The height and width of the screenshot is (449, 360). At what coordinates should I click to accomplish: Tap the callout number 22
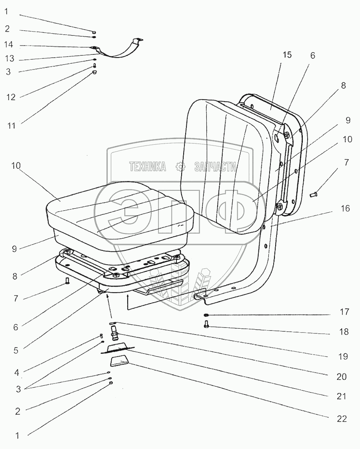click(x=342, y=419)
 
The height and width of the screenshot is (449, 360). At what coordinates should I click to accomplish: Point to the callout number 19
click(x=342, y=356)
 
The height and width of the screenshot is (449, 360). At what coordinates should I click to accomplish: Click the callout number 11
click(x=11, y=126)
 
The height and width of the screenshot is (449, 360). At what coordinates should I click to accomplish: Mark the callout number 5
click(x=16, y=351)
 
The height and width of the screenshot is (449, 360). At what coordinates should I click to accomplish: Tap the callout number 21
click(x=342, y=397)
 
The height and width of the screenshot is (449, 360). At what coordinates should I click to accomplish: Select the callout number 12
click(x=11, y=97)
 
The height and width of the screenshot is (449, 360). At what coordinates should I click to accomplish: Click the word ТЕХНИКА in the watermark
click(x=147, y=167)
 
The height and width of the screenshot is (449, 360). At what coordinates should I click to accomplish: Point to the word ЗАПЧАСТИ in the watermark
click(x=215, y=167)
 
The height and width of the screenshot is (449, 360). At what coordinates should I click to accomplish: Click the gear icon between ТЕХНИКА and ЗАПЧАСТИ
click(x=180, y=167)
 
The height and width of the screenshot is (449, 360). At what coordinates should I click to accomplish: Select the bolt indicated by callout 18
click(x=206, y=325)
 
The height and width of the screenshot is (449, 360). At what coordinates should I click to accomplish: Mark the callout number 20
click(x=342, y=376)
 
